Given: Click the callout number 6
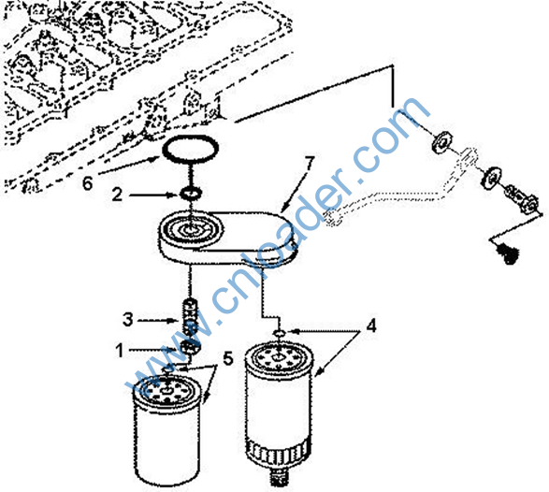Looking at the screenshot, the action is point(88,182).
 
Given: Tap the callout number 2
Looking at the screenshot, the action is point(117,195).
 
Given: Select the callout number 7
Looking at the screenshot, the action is point(309,165).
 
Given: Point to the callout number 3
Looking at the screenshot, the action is point(128,319).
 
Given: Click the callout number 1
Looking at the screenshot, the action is point(120,350).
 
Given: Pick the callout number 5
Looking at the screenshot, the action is point(228,358).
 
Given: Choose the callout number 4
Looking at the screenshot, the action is point(371,326).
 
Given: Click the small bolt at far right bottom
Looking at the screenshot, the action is point(507,254).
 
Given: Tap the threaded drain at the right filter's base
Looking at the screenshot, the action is point(279,478).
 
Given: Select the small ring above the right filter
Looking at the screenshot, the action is point(280,333).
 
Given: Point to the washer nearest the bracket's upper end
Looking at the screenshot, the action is point(441,141).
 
